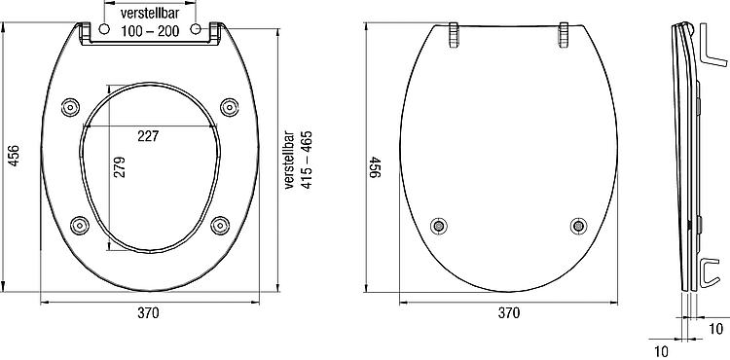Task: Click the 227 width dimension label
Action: coord(148,136)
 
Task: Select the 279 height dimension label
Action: coord(120,166)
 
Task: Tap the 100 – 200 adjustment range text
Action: coord(150,31)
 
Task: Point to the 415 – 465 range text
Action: coord(307,160)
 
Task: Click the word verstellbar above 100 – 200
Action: coord(150,13)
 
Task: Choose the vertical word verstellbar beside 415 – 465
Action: coord(290,160)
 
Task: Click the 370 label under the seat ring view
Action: coord(148,313)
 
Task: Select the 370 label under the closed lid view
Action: coord(508,313)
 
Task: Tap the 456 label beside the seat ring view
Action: coord(15,156)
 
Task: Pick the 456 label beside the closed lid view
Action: coord(376,166)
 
